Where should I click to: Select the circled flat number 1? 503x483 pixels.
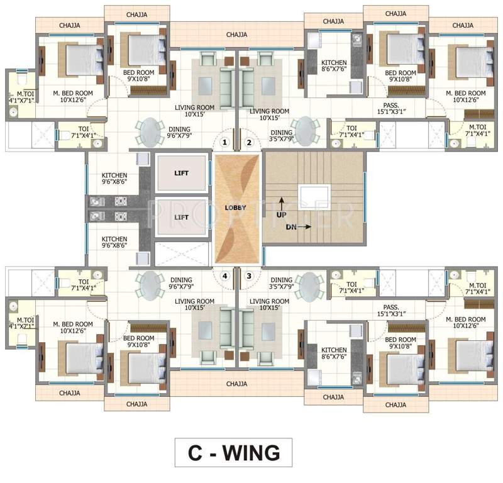224,143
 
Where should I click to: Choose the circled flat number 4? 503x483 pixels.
224,275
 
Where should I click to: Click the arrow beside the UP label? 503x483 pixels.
282,203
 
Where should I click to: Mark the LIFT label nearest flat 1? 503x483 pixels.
181,173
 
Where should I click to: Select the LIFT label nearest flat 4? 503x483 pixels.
181,217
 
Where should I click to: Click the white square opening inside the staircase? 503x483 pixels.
314,196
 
